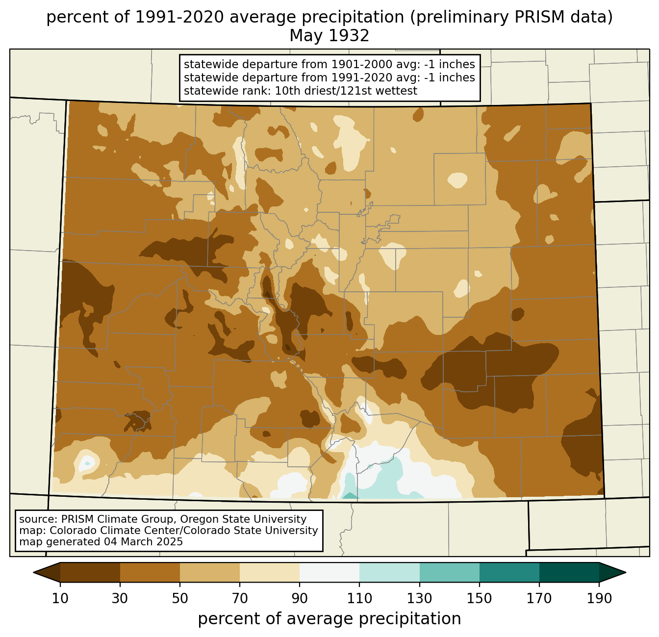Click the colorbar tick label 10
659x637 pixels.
tap(60, 598)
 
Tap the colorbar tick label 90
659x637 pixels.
tap(300, 598)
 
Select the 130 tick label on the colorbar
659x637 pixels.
tap(419, 598)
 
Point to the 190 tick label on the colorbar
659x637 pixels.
tap(599, 598)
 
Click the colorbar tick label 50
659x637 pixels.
tap(180, 598)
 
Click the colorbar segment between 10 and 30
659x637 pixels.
tap(90, 573)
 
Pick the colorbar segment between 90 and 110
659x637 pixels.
tap(329, 573)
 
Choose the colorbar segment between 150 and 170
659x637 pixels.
tap(509, 573)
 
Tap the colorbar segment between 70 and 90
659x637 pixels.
tap(270, 573)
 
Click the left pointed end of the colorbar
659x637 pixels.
tap(34, 573)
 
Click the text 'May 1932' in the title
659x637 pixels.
tap(329, 36)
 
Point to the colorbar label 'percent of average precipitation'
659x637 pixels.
tap(329, 619)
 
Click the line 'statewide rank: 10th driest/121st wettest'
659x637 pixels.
tap(301, 91)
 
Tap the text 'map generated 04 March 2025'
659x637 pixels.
tap(101, 541)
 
